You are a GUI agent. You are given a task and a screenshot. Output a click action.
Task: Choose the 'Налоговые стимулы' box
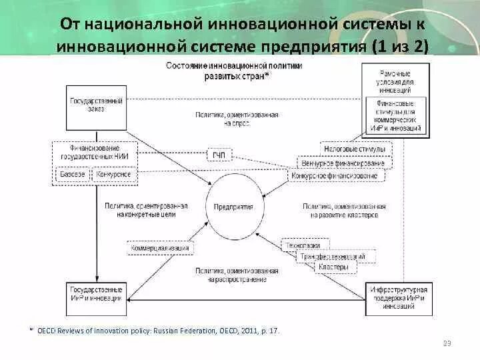tap(355, 149)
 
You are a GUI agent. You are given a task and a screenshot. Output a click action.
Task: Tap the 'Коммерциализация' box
tap(160, 248)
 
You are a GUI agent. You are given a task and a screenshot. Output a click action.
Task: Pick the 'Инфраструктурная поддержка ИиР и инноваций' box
tap(397, 295)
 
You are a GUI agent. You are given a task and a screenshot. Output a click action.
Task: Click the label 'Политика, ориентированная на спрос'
tap(236, 119)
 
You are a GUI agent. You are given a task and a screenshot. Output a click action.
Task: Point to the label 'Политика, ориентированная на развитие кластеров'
tap(344, 211)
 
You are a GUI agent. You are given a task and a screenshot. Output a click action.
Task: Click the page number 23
tap(447, 343)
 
